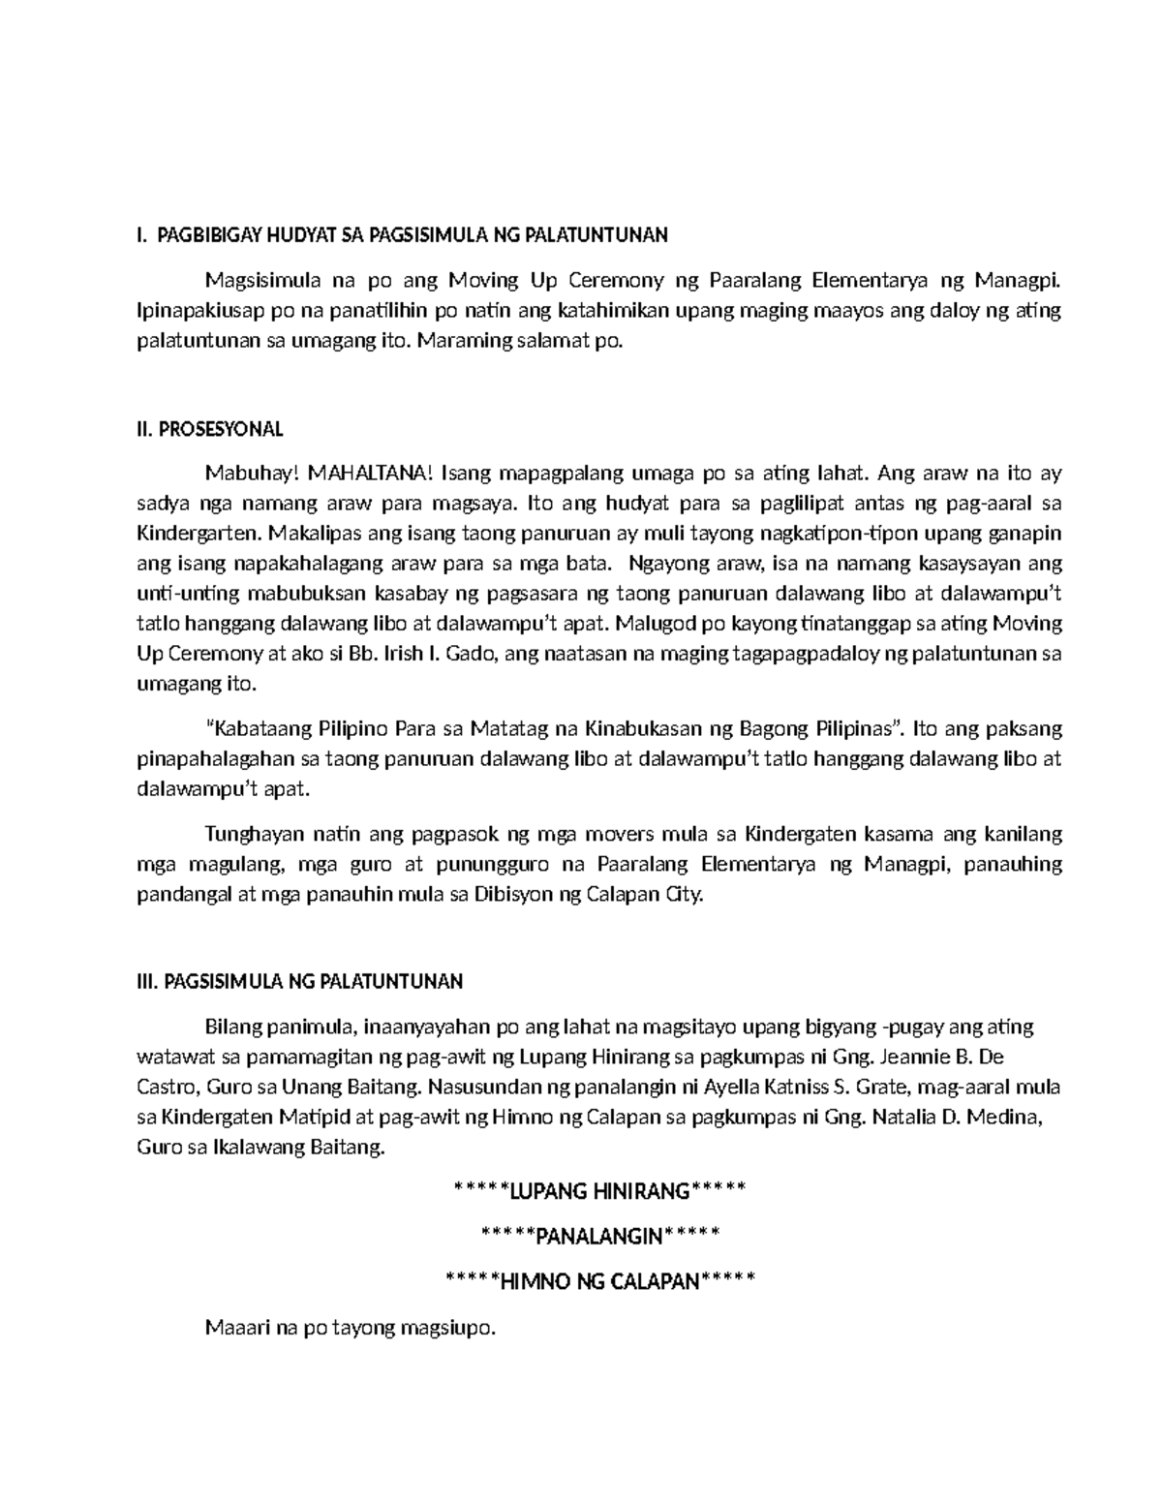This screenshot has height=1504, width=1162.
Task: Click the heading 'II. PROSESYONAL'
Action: pyautogui.click(x=209, y=429)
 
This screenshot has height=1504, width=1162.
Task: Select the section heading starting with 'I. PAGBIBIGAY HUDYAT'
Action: pyautogui.click(x=403, y=235)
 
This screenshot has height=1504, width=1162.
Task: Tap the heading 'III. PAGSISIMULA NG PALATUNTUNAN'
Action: pyautogui.click(x=300, y=981)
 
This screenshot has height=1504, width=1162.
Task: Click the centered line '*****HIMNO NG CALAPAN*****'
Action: pyautogui.click(x=598, y=1281)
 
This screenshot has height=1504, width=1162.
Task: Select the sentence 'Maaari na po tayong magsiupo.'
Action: pyautogui.click(x=351, y=1328)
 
